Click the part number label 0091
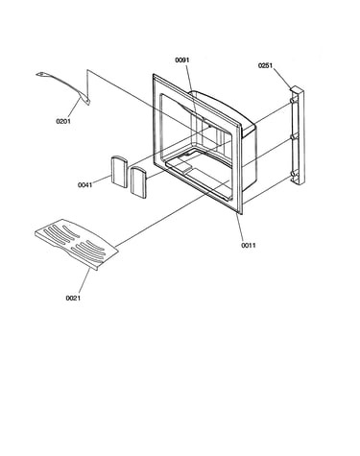(182, 60)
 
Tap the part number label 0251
(265, 65)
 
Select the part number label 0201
(63, 121)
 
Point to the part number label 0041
(84, 185)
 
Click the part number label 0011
(249, 246)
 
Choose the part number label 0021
(73, 299)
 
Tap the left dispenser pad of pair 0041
(119, 171)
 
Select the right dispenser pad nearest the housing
(138, 182)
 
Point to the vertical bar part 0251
(298, 136)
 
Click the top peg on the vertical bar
(292, 101)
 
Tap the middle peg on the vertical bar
(293, 137)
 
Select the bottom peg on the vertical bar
(293, 175)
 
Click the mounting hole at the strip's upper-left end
(40, 75)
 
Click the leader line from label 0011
(240, 228)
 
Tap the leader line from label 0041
(102, 180)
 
